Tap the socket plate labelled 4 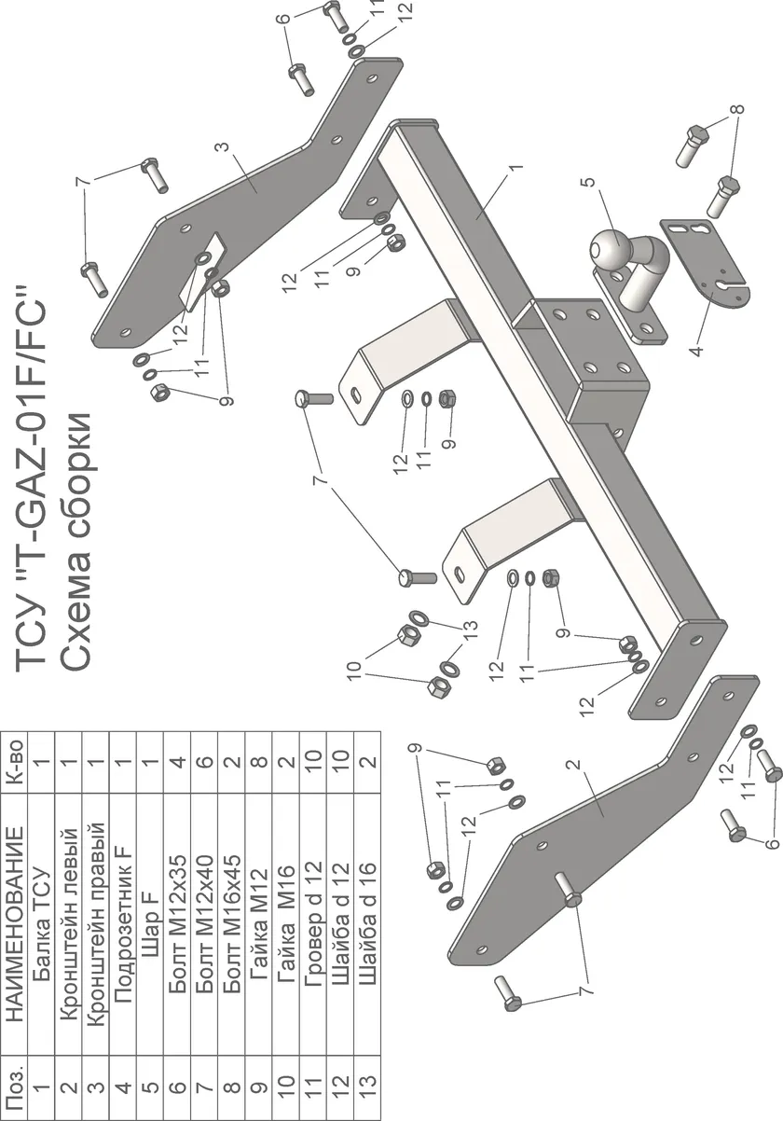click(x=710, y=261)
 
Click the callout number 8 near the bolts click(x=738, y=109)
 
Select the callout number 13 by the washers click(x=470, y=626)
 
